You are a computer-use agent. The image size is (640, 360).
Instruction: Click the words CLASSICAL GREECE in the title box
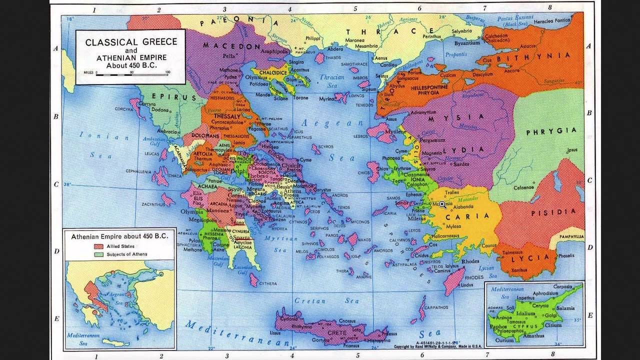point(131,42)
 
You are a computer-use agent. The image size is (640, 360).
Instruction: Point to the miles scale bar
point(132,73)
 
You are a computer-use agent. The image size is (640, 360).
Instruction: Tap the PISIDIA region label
point(549,212)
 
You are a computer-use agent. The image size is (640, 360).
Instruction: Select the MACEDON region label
point(231,46)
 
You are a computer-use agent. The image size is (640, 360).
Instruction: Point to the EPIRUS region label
point(168,96)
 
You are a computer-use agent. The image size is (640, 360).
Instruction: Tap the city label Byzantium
point(467,43)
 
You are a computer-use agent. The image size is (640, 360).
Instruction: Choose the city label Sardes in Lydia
point(460,163)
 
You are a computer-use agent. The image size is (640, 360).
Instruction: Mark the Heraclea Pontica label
point(551,20)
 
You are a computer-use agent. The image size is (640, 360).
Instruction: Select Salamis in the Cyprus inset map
point(564,308)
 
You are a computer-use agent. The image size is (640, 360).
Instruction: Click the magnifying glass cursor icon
point(442,204)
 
